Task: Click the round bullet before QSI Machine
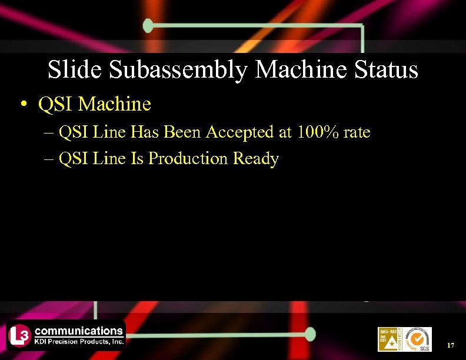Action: pyautogui.click(x=22, y=105)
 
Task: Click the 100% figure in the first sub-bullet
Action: pyautogui.click(x=318, y=132)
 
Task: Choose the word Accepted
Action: pyautogui.click(x=241, y=132)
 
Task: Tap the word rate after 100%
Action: pyautogui.click(x=357, y=133)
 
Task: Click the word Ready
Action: pyautogui.click(x=256, y=159)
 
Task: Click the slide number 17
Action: pyautogui.click(x=451, y=345)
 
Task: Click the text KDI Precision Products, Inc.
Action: pyautogui.click(x=79, y=341)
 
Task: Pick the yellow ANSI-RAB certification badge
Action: pyautogui.click(x=389, y=339)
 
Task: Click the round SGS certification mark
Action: pyautogui.click(x=418, y=339)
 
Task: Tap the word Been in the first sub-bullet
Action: pyautogui.click(x=182, y=132)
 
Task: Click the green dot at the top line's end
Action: pyautogui.click(x=148, y=25)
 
